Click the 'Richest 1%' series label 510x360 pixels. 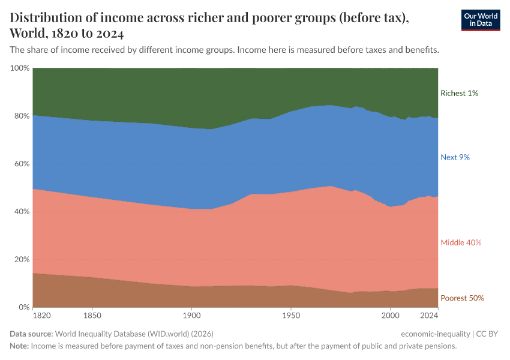459,93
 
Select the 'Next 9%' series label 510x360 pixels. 455,157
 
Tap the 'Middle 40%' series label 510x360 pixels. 461,242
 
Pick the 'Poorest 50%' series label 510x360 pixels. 462,298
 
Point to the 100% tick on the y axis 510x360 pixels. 20,68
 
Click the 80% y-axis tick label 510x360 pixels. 22,116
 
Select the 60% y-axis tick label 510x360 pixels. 22,164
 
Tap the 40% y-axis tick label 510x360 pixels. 22,212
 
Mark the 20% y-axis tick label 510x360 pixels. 22,260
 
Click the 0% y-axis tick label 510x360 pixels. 24,307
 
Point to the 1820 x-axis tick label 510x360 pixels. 42,315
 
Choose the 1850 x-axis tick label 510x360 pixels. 92,315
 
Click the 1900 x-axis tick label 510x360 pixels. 191,315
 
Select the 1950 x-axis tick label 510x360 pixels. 290,315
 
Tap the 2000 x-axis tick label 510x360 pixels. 390,315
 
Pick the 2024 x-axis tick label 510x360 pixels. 429,315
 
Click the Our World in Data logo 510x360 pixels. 480,20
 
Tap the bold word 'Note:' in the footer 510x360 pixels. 19,346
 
